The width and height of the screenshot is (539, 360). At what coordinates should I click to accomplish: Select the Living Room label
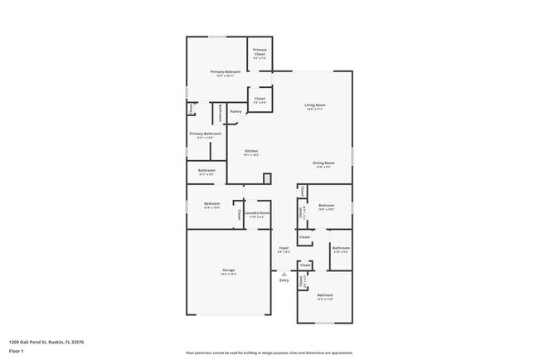[314, 105]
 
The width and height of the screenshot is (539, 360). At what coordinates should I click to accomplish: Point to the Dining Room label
[323, 163]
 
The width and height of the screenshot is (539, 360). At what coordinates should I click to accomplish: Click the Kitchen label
[250, 151]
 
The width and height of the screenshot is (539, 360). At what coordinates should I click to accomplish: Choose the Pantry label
[236, 110]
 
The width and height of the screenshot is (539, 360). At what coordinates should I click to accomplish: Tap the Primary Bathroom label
[205, 134]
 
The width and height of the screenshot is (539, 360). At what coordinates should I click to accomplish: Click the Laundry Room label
[257, 213]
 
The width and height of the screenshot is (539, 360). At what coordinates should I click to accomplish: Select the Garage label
[228, 270]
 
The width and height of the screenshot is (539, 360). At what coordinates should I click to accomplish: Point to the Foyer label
[284, 247]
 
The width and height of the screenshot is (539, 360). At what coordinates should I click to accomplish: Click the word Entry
[284, 280]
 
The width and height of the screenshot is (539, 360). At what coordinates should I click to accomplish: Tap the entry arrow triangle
[284, 273]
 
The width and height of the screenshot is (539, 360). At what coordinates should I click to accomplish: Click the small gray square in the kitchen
[267, 178]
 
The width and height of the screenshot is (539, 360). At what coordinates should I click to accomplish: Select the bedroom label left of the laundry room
[212, 204]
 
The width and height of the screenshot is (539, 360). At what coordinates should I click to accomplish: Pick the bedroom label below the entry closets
[324, 295]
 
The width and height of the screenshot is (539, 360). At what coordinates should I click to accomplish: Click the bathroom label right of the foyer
[341, 248]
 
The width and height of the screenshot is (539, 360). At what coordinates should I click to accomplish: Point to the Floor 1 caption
[17, 350]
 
